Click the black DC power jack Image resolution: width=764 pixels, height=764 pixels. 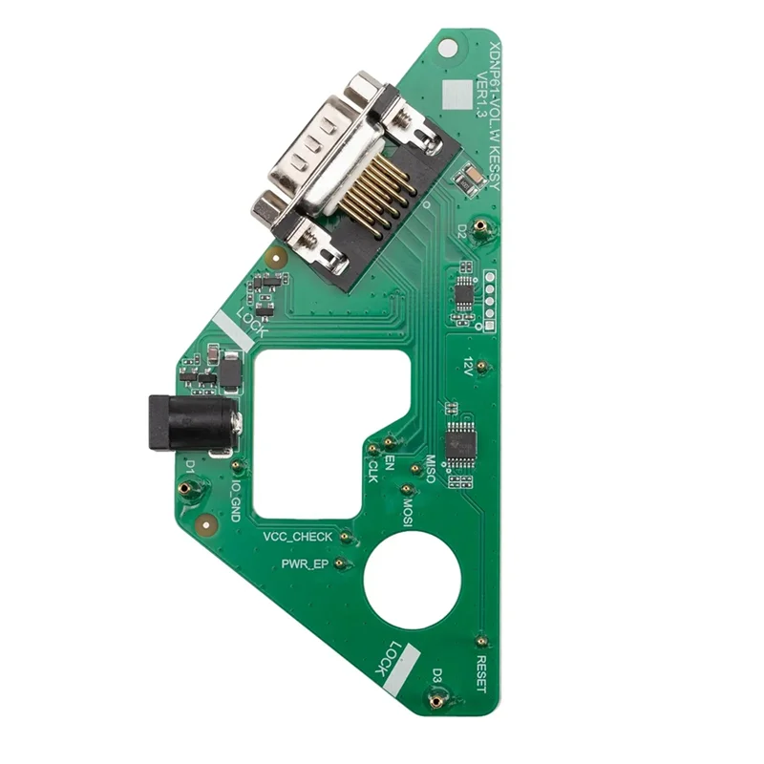(x=189, y=423)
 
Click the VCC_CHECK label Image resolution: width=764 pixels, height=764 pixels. (x=298, y=538)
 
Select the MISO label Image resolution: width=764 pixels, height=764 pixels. (x=430, y=468)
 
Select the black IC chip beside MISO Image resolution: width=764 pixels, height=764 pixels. (x=461, y=442)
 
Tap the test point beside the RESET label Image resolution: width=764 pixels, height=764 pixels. (x=481, y=642)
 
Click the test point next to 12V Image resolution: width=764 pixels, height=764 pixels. (x=482, y=366)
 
